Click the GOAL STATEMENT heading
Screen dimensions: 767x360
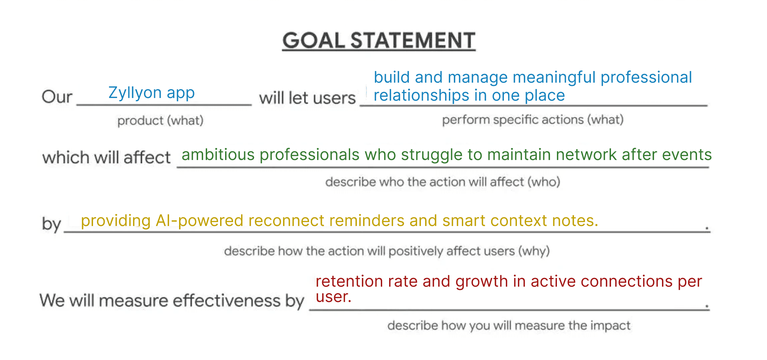(379, 40)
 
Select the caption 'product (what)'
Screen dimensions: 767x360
(160, 120)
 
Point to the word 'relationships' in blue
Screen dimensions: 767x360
(421, 95)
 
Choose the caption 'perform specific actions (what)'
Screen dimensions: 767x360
(533, 120)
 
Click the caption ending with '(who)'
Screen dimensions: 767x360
(443, 182)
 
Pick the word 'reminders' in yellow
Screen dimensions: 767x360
(366, 221)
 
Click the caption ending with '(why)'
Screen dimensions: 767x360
(387, 251)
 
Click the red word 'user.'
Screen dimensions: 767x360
(333, 297)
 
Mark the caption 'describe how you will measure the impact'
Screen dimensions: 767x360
(509, 325)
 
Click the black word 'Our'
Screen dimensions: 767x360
(57, 97)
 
